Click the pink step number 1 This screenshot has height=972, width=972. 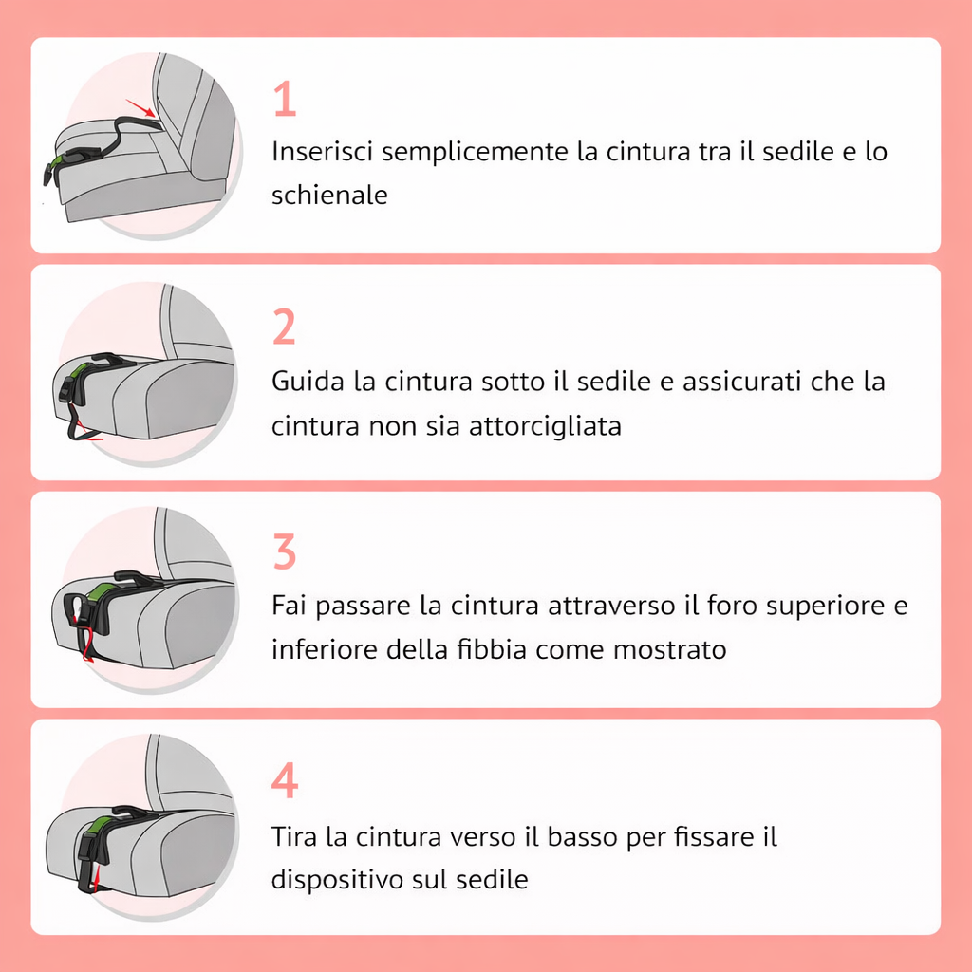click(285, 100)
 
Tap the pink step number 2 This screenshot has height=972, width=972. click(284, 327)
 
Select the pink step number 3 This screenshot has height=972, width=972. click(284, 552)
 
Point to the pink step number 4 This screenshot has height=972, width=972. click(284, 780)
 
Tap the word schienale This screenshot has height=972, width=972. click(329, 196)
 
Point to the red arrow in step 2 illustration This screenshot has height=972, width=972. click(90, 436)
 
